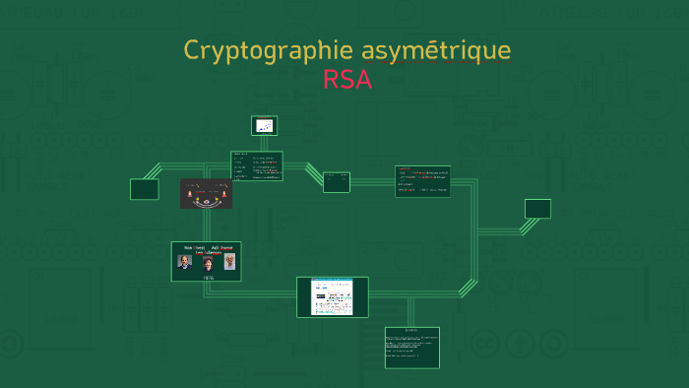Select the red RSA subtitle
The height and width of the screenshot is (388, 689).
coord(346,81)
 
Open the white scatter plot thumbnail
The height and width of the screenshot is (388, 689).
coord(264,126)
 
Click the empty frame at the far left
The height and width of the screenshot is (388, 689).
coord(144,189)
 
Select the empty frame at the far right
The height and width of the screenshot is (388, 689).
coord(537,208)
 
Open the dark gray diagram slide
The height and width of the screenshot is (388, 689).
coord(206,193)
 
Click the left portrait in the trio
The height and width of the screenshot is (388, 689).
coord(184,262)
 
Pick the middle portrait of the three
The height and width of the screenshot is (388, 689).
coord(208,263)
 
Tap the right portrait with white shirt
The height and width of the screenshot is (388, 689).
coord(229,261)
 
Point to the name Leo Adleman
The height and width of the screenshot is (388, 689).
coord(207,252)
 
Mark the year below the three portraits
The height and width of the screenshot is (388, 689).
coord(208,277)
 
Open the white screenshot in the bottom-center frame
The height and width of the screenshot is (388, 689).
coord(332,296)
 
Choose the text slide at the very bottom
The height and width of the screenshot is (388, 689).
coord(411,347)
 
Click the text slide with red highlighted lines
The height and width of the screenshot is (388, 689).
coord(422,181)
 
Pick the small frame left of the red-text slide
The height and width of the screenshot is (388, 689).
coord(336,181)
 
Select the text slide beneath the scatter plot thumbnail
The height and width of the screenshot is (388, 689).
coord(257,165)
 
